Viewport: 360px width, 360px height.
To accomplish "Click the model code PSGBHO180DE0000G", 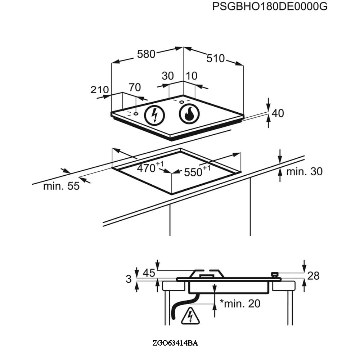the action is [x=270, y=6].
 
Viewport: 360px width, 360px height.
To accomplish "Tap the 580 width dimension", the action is [x=146, y=54].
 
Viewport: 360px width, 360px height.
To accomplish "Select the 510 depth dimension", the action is [x=215, y=58].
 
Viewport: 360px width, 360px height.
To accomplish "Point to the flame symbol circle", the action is [x=189, y=114].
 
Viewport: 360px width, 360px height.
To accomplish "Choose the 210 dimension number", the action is [x=99, y=90].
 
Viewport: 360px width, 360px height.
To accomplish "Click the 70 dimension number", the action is [x=135, y=87].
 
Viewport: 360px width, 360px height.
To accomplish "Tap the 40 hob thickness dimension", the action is [x=278, y=113].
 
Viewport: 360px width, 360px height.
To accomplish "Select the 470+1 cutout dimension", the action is [x=150, y=167].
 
